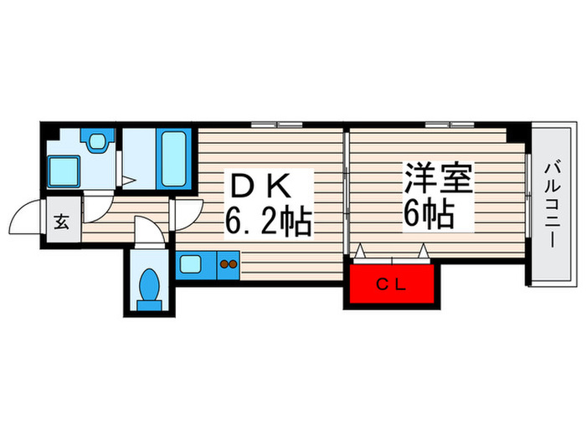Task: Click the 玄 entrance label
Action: (x=62, y=222)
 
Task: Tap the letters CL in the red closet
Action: (x=391, y=286)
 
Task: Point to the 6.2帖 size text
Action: (x=268, y=222)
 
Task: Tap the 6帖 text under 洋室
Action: (x=429, y=216)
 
